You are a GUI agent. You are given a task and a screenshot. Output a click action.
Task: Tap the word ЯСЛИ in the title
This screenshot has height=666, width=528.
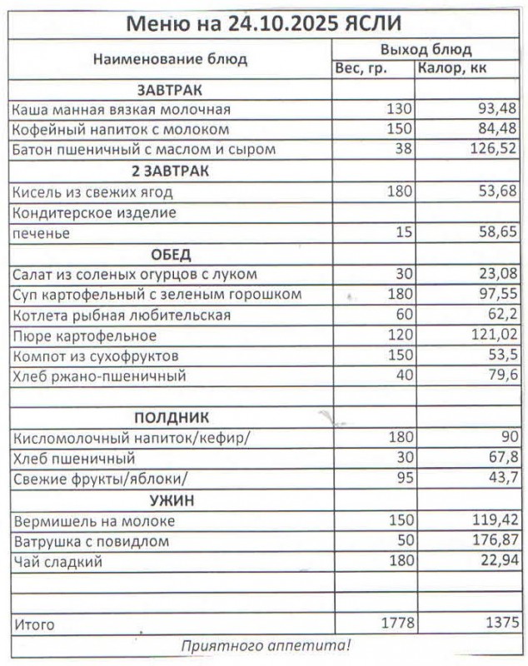pos(374,22)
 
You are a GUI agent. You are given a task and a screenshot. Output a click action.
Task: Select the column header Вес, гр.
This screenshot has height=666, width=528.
pos(361,68)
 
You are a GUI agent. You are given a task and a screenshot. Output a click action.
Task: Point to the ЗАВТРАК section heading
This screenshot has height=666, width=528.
pos(170,90)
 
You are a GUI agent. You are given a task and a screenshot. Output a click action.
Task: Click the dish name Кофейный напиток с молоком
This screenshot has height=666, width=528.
pos(121,130)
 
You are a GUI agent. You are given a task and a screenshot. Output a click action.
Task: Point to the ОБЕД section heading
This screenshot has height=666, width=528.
pos(170,255)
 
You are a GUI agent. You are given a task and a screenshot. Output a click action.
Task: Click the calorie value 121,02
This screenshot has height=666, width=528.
pos(495,336)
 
